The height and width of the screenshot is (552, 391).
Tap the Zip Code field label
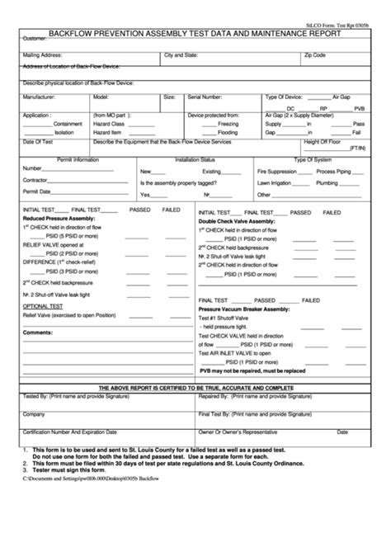[315, 54]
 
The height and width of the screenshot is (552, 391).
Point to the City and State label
[181, 54]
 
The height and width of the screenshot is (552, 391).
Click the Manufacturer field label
[39, 97]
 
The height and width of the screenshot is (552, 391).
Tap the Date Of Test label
[35, 141]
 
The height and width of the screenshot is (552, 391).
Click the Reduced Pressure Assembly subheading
[56, 218]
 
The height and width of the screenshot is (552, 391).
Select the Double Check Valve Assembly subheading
[237, 221]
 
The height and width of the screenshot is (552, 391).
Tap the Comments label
[37, 332]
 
